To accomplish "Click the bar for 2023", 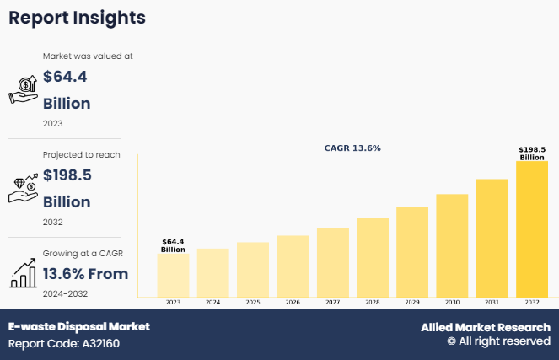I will pos(173,276).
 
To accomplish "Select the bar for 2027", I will pos(332,262).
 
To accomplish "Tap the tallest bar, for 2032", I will pos(532,229).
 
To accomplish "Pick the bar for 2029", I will pos(412,252).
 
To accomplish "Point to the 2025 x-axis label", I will pos(252,302).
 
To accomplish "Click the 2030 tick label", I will pos(452,302).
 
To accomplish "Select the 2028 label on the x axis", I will pos(373,302).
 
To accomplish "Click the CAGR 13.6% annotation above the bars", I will pos(352,148).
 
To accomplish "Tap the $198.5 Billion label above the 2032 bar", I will pos(532,153).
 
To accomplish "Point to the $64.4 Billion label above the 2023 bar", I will pos(173,245).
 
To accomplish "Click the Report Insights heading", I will pos(78,17).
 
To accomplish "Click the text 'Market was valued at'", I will pos(88,56).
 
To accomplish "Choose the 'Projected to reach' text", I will pos(82,155).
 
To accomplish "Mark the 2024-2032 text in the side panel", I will pos(66,293).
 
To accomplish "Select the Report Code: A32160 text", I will pos(64,344).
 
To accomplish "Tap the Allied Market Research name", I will pos(486,327).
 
